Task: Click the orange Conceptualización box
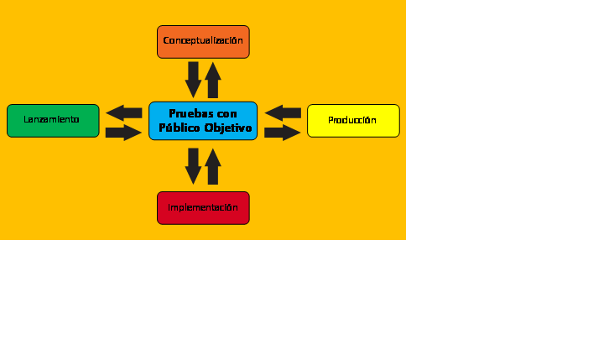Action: pos(203,42)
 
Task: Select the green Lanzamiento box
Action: pos(53,121)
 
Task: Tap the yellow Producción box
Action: pos(353,121)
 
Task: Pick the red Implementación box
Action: pos(203,208)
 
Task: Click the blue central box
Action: pos(203,121)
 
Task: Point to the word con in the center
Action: pos(227,114)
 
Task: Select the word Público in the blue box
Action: pos(180,128)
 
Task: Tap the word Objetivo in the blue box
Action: pos(228,128)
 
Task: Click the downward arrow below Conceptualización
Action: pos(193,80)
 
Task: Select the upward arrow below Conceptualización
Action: pos(213,80)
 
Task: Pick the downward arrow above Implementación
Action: pos(193,166)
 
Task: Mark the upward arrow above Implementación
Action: pos(213,167)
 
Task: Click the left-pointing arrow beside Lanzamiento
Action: pos(124,113)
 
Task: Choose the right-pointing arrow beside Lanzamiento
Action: pos(123,133)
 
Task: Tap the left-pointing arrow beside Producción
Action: pos(283,113)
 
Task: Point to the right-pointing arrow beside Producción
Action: pos(283,133)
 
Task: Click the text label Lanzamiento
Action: pos(52,120)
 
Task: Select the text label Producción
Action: pos(352,120)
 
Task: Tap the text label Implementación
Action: pos(203,208)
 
